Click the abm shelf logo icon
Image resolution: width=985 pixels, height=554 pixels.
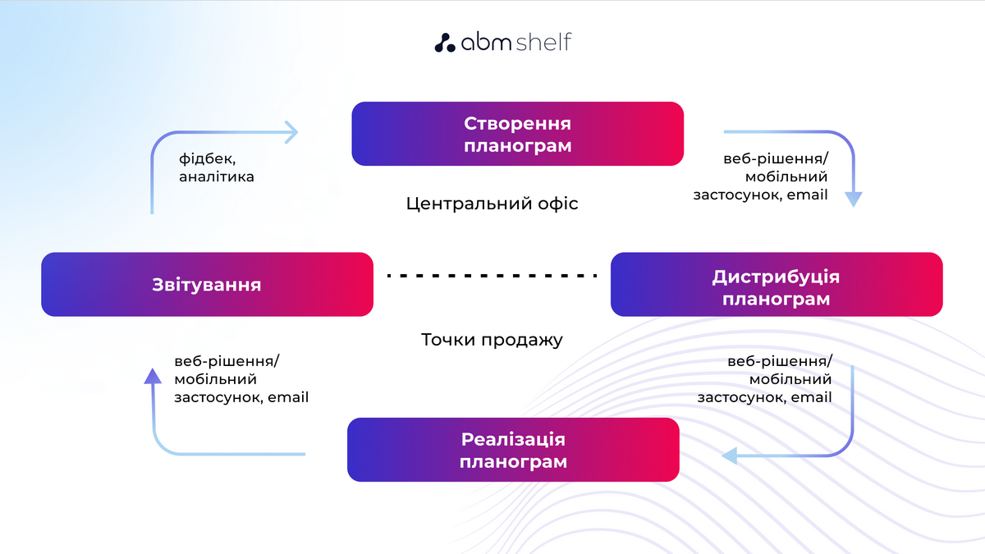tap(444, 43)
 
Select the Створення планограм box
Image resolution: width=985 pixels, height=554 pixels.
tap(517, 134)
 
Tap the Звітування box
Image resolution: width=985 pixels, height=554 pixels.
tap(207, 284)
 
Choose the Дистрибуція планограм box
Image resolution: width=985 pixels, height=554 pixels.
tap(776, 284)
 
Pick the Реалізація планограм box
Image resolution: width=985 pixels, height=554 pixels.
tap(513, 450)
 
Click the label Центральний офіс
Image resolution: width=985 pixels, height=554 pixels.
tap(492, 204)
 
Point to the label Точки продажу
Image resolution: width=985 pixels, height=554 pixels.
tap(492, 340)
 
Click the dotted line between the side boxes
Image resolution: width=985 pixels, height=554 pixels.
tap(492, 276)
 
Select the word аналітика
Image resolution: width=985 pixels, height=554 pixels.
tap(217, 176)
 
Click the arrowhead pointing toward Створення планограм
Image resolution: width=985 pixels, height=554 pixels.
tap(291, 131)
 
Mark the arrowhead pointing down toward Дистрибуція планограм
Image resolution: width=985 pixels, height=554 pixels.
tap(854, 199)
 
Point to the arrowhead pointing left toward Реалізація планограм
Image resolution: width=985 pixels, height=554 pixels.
tap(729, 456)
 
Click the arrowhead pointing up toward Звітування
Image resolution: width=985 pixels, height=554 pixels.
tap(152, 376)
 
